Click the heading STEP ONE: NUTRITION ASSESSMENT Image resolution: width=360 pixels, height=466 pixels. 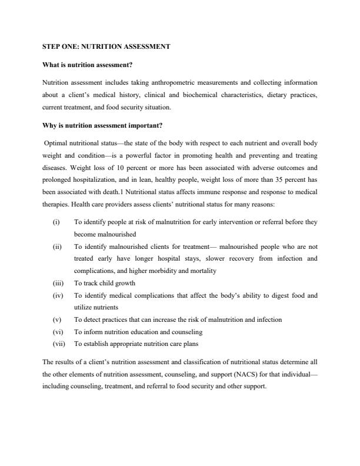click(x=106, y=46)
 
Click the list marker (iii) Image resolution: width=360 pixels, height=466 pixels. click(x=57, y=283)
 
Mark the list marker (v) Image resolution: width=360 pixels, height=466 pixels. click(x=56, y=319)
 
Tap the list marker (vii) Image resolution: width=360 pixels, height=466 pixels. click(x=58, y=344)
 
